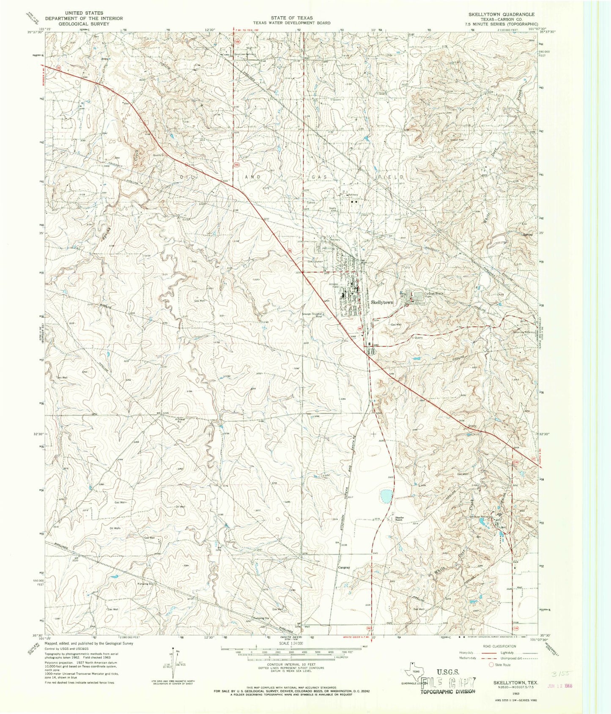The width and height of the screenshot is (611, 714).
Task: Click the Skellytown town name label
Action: click(382, 303)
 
